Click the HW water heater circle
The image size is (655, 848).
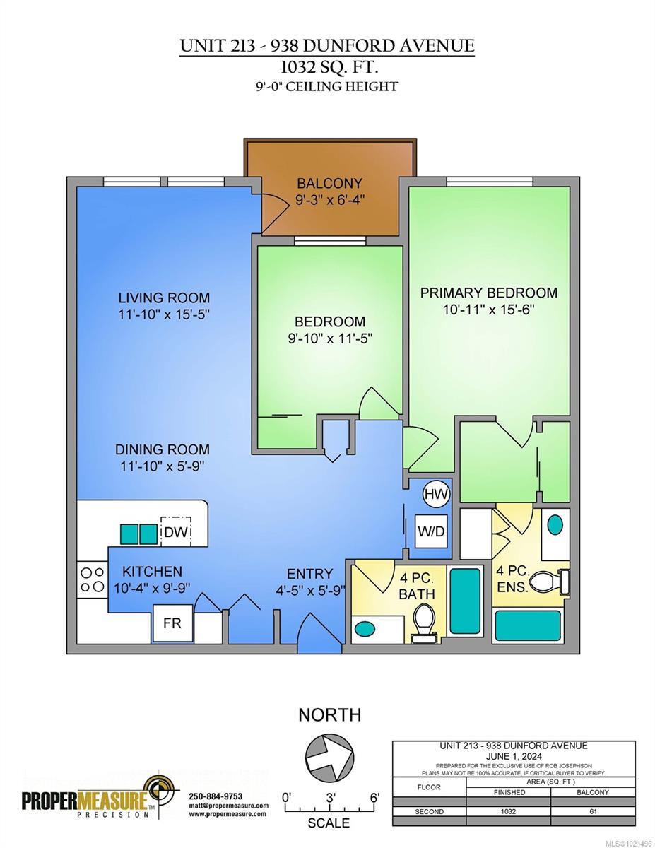[x=436, y=495]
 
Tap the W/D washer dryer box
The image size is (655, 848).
[x=430, y=531]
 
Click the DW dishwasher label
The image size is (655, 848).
[x=175, y=532]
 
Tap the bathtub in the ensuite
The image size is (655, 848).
[x=527, y=625]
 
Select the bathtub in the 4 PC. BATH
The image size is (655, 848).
[x=464, y=601]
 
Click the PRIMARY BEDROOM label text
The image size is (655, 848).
[x=489, y=293]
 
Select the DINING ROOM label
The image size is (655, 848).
[x=163, y=449]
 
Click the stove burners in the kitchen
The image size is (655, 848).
[x=92, y=579]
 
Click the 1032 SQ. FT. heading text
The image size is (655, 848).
[x=327, y=68]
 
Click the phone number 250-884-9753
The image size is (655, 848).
[x=216, y=796]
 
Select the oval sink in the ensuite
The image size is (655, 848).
[x=555, y=525]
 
